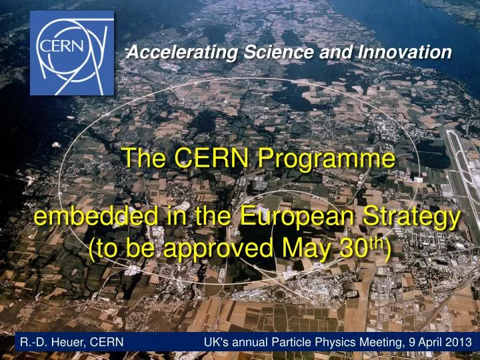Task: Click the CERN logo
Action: pos(72,53)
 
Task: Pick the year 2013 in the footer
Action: pos(459,342)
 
